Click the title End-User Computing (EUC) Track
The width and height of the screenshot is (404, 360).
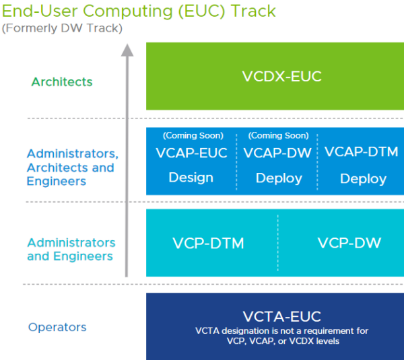[138, 11]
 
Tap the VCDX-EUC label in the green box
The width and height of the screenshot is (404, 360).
[281, 77]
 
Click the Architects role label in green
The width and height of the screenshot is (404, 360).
[62, 82]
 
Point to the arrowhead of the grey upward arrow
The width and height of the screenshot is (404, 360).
[127, 50]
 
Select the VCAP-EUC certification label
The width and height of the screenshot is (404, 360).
[192, 153]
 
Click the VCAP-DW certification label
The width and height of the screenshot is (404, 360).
[277, 153]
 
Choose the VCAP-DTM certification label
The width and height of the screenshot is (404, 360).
[361, 152]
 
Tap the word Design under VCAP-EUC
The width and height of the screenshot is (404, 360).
[191, 178]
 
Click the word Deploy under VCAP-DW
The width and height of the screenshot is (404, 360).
[277, 179]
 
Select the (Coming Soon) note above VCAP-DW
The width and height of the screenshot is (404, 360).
[278, 136]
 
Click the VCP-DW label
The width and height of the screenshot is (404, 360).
[349, 243]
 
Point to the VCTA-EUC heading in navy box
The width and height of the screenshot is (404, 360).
[281, 316]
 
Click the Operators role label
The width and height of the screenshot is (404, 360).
[57, 328]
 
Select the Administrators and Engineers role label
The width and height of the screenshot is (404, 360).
[71, 249]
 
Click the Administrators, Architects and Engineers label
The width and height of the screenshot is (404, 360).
[72, 168]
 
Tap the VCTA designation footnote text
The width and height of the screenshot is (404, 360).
[281, 336]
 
